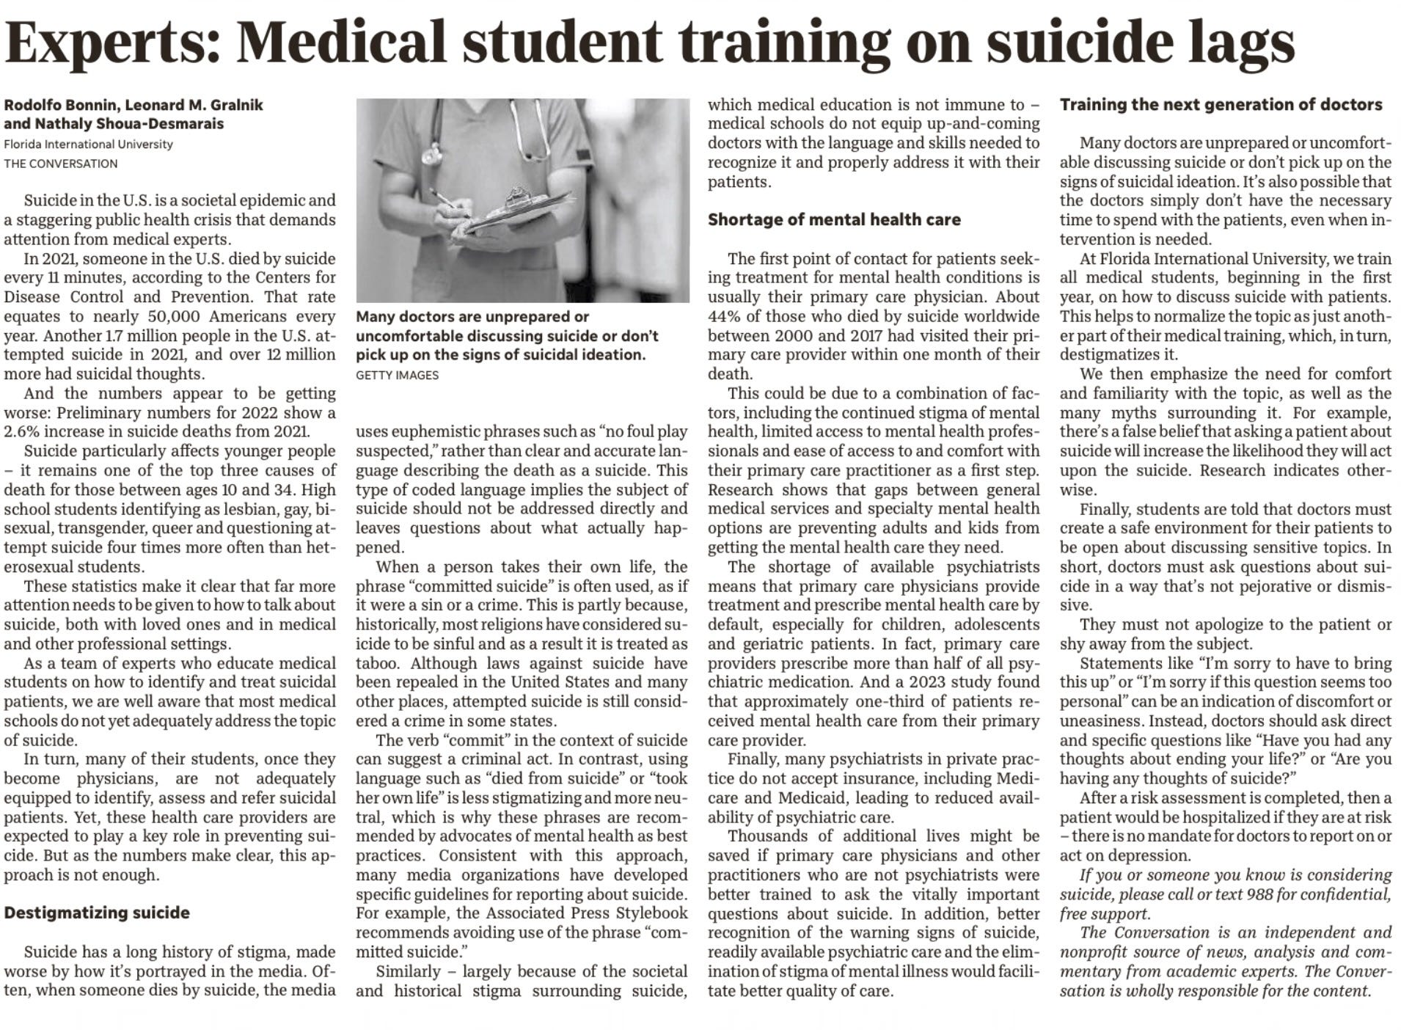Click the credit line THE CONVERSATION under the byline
tap(61, 164)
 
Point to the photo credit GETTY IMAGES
tap(397, 375)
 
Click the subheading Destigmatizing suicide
tap(97, 913)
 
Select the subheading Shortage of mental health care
tap(834, 220)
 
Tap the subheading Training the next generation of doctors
tap(1221, 105)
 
